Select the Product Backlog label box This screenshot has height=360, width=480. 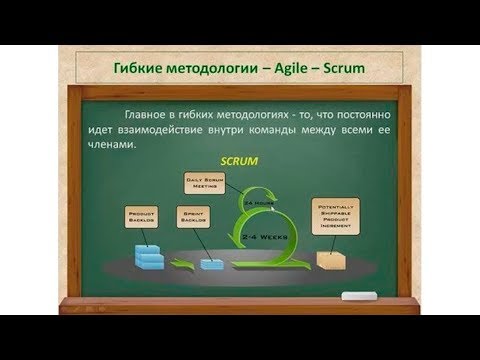(x=143, y=216)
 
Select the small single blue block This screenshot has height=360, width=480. (x=211, y=264)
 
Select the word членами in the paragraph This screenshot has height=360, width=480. (x=129, y=146)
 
